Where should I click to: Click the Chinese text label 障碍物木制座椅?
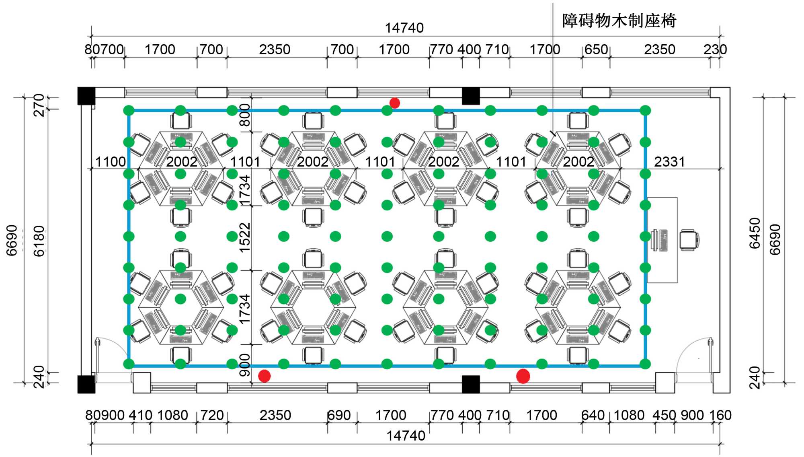pyautogui.click(x=619, y=20)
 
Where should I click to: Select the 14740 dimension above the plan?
pyautogui.click(x=404, y=28)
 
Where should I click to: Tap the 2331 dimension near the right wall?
pyautogui.click(x=669, y=162)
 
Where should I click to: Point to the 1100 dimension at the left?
pyautogui.click(x=111, y=162)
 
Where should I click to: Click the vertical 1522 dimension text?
pyautogui.click(x=244, y=238)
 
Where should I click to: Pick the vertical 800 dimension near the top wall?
pyautogui.click(x=244, y=115)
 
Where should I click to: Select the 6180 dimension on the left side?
pyautogui.click(x=39, y=241)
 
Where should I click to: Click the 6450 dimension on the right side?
pyautogui.click(x=755, y=233)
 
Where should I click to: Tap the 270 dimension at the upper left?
pyautogui.click(x=39, y=105)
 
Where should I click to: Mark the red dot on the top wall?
pyautogui.click(x=395, y=103)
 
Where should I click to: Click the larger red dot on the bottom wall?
pyautogui.click(x=523, y=376)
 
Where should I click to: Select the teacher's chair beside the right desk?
pyautogui.click(x=689, y=240)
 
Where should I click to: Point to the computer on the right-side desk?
pyautogui.click(x=660, y=240)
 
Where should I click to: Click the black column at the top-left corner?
pyautogui.click(x=86, y=96)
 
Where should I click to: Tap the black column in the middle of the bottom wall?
pyautogui.click(x=471, y=384)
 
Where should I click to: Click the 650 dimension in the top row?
pyautogui.click(x=596, y=49)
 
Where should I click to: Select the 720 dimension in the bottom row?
pyautogui.click(x=211, y=415)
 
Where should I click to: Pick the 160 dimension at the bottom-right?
pyautogui.click(x=720, y=415)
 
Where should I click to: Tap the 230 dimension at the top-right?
pyautogui.click(x=715, y=49)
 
